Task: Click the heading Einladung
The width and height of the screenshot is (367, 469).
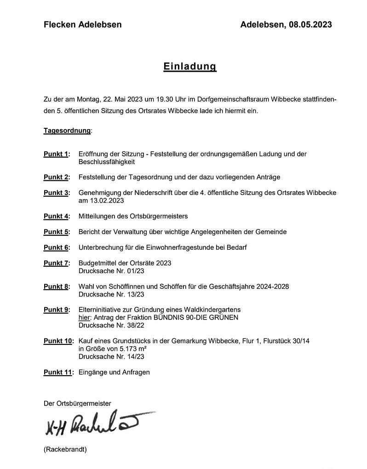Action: click(x=189, y=67)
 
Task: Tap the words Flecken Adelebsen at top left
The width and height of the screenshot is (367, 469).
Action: click(x=83, y=25)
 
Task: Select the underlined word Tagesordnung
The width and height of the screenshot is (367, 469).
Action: click(x=67, y=131)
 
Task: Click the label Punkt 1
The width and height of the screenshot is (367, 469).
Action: click(x=56, y=154)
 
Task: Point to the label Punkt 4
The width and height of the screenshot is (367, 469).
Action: click(x=56, y=216)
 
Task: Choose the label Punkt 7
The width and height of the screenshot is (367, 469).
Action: click(x=56, y=263)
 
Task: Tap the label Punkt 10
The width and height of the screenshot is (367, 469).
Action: click(x=58, y=341)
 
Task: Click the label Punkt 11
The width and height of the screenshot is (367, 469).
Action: click(x=58, y=372)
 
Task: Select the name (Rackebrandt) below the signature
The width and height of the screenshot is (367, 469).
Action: click(x=65, y=449)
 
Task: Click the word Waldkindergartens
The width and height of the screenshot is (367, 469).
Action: click(x=212, y=310)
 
